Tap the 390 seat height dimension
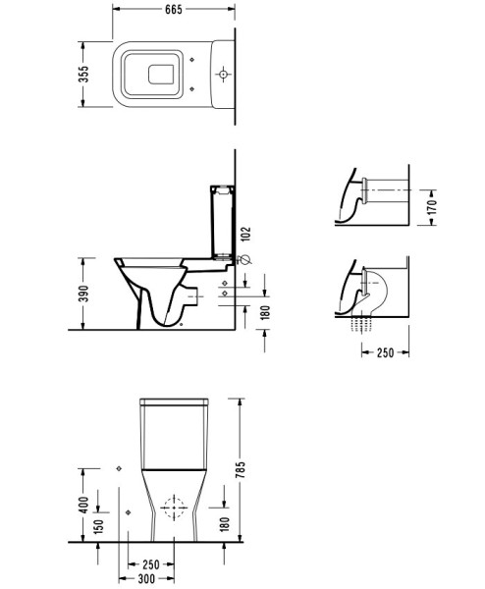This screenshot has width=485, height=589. [85, 293]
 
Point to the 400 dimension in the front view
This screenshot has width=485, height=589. [85, 504]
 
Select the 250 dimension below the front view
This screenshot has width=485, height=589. [151, 564]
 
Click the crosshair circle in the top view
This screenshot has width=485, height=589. [225, 74]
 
